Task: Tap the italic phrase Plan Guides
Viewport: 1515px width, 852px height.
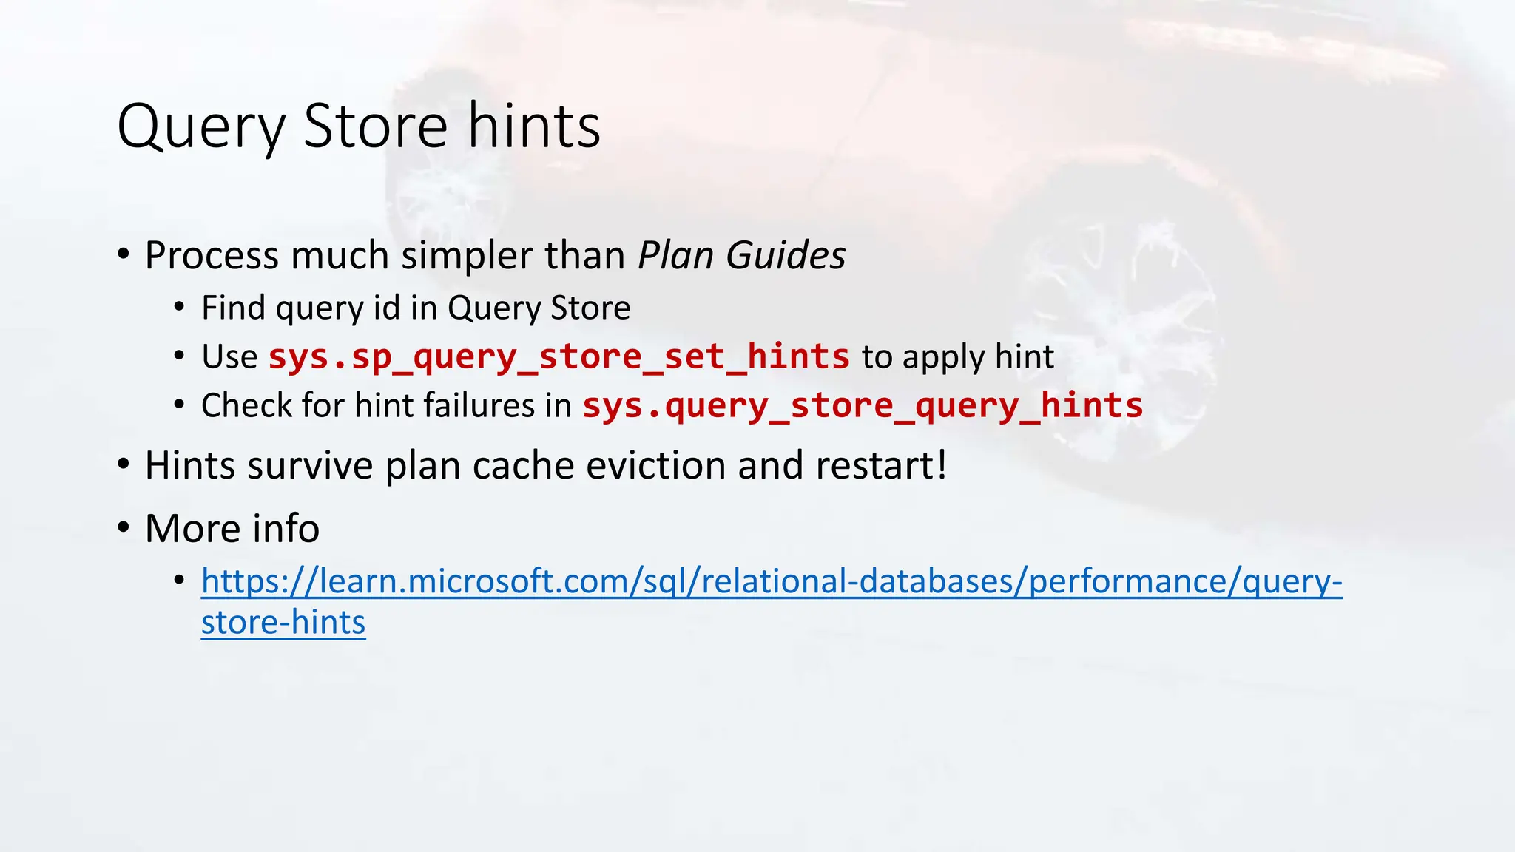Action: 741,256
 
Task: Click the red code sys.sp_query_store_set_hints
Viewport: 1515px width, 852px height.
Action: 559,356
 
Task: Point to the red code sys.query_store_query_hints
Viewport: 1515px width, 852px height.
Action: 863,405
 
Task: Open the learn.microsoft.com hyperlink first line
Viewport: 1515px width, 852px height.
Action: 771,581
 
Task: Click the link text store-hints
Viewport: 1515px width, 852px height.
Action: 283,622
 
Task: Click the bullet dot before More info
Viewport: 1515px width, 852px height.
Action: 124,527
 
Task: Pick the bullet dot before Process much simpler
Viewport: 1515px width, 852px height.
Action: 124,254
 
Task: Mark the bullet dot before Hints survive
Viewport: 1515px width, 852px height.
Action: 124,464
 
